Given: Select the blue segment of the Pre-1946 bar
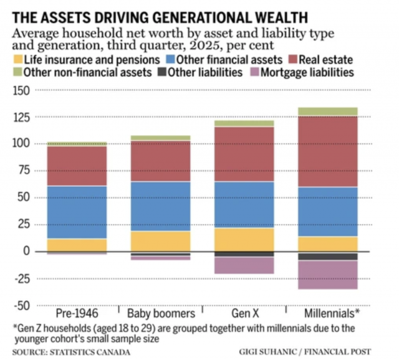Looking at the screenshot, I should point(77,212).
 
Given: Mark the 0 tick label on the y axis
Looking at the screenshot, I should point(27,252).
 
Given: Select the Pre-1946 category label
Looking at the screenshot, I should point(77,313).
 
